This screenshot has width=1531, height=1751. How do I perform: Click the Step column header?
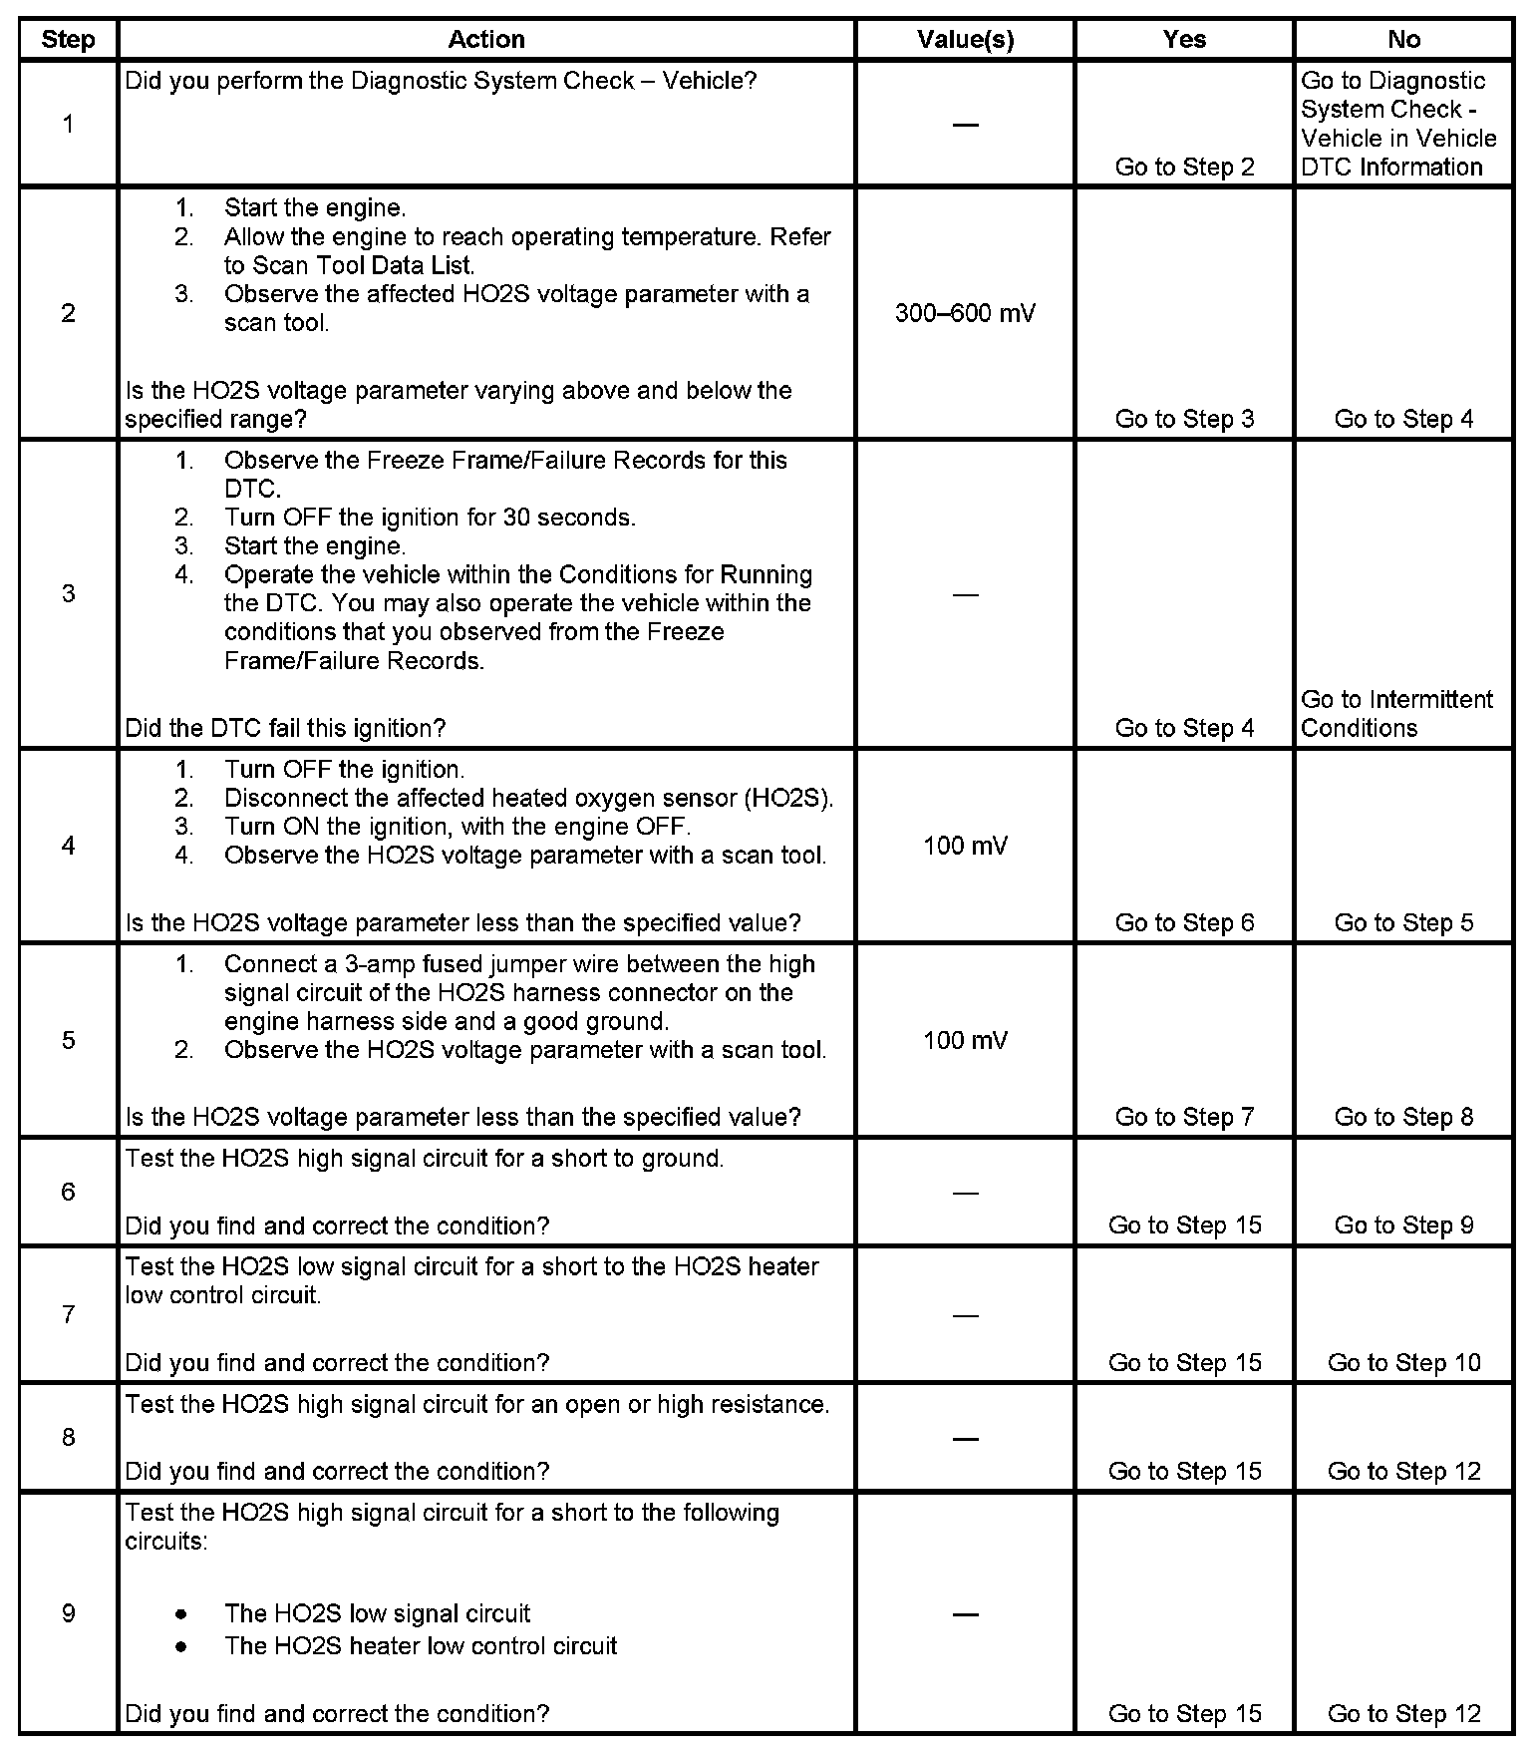pos(68,40)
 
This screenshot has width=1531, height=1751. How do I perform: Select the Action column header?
pos(486,40)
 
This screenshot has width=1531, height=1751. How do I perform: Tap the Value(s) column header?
pos(965,40)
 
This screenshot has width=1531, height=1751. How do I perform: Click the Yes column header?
pos(1184,40)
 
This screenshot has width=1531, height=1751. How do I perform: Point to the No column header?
pos(1403,40)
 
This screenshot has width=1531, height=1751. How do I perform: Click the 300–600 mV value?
pos(965,313)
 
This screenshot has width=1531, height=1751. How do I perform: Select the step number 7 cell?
pos(68,1314)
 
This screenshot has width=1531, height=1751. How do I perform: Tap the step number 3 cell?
pos(68,594)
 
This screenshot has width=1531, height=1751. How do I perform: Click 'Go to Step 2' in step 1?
pos(1184,168)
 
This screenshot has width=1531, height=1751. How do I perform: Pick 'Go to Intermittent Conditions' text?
pos(1396,713)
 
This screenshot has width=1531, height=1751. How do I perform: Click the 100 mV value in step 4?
pos(965,847)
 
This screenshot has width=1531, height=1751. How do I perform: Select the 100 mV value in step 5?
pos(965,1041)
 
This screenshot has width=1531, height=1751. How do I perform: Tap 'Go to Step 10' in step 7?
pos(1403,1363)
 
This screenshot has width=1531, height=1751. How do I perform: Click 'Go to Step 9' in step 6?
pos(1403,1226)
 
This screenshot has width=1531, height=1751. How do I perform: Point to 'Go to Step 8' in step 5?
pos(1403,1117)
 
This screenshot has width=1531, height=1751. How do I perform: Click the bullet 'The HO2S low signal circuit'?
pos(377,1613)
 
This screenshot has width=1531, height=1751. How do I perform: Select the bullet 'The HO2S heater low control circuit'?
pos(421,1645)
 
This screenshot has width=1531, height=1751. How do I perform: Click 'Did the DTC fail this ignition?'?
pos(285,728)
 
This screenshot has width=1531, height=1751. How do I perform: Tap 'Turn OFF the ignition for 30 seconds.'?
pos(430,518)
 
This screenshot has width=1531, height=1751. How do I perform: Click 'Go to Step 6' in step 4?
pos(1184,922)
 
